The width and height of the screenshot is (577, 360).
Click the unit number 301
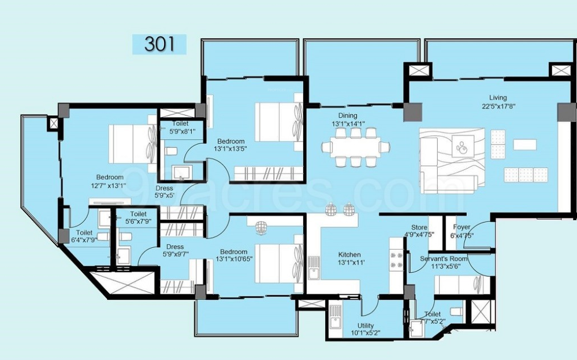tap(159, 44)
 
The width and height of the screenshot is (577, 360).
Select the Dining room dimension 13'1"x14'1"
tap(352, 124)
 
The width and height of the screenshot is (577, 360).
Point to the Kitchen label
tap(349, 254)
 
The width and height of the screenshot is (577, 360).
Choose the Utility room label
tap(365, 325)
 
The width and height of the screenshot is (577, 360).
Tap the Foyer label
tap(461, 227)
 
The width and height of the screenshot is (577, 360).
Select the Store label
tap(419, 227)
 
